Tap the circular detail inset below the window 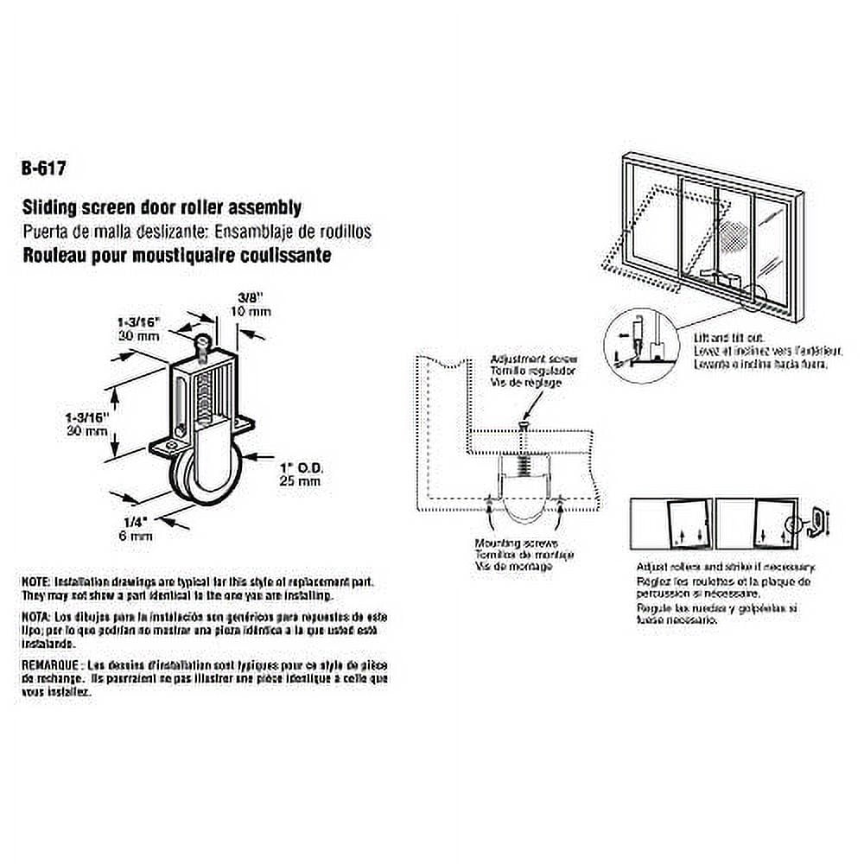point(632,345)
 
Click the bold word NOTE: point(37,583)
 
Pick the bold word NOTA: point(37,619)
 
